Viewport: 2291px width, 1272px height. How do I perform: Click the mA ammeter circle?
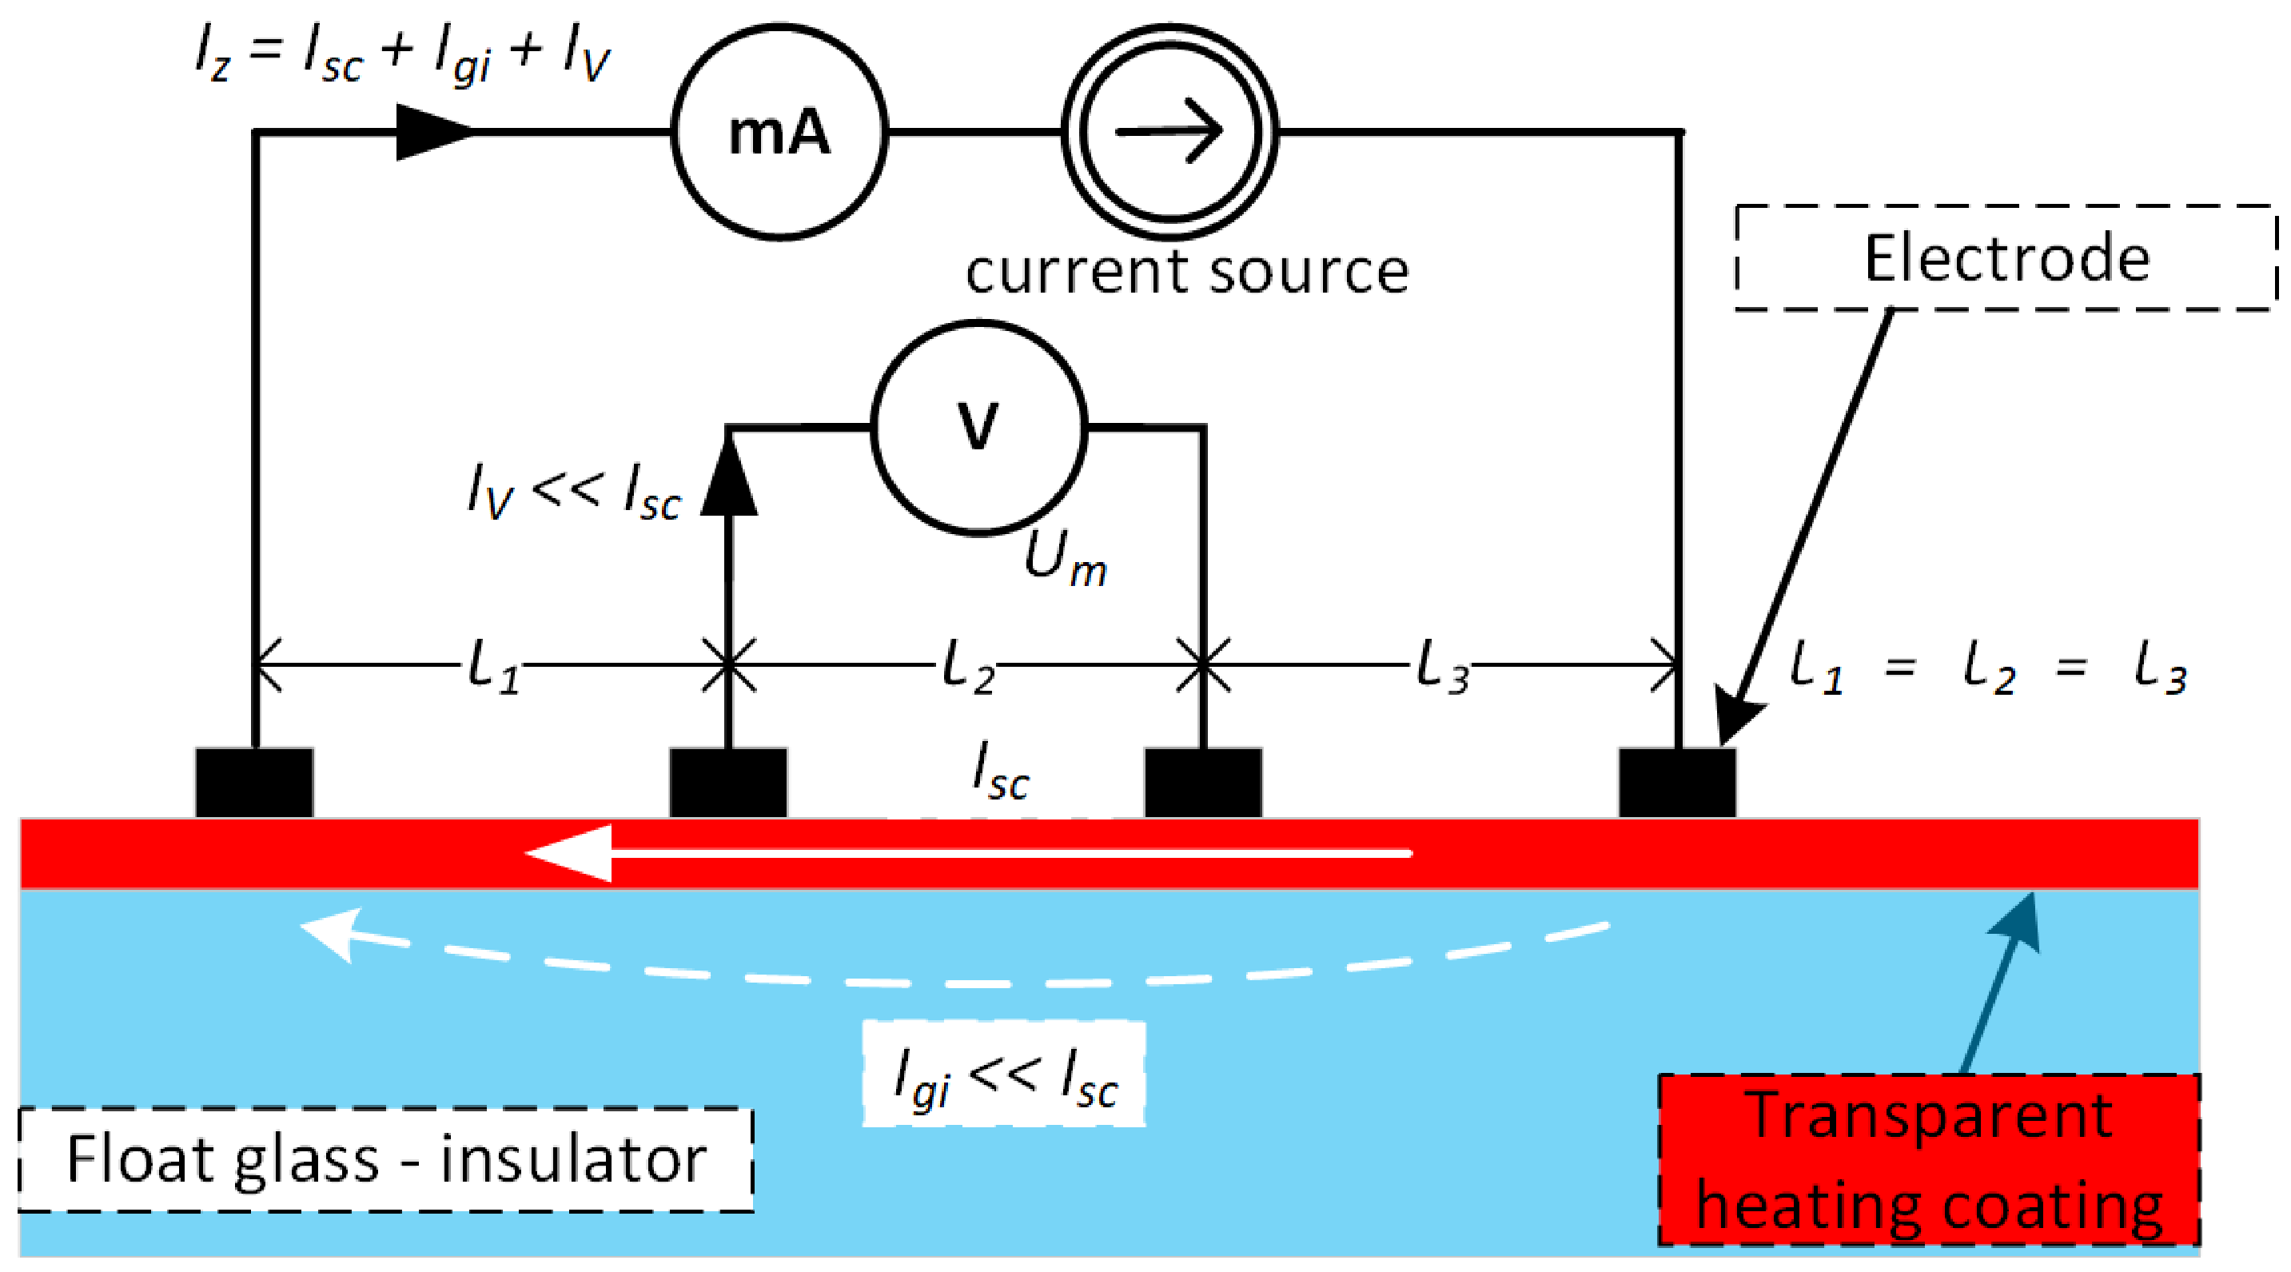(x=779, y=132)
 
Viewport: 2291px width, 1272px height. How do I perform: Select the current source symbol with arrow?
(x=1169, y=132)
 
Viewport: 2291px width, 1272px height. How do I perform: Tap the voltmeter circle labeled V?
(x=978, y=429)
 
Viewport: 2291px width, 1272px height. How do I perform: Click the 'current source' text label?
(x=1186, y=271)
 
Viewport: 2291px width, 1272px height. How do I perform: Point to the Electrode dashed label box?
(x=2005, y=258)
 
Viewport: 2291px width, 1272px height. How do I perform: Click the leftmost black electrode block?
(x=254, y=783)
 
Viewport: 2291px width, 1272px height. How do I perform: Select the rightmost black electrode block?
(x=1677, y=783)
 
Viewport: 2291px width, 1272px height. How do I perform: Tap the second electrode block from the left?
(x=727, y=783)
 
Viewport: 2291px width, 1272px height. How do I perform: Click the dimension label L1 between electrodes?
(x=492, y=667)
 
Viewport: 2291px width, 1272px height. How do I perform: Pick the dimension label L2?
(x=966, y=667)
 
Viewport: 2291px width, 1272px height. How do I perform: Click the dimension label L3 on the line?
(x=1440, y=667)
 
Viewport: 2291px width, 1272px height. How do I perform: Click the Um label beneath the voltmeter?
(x=1065, y=559)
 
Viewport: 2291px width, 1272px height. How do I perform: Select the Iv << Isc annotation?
(x=574, y=491)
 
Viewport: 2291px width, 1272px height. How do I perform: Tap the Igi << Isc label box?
(x=1003, y=1075)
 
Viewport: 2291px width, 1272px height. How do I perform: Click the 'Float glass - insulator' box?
(x=385, y=1159)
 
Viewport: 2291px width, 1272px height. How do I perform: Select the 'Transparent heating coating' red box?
(x=1928, y=1160)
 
